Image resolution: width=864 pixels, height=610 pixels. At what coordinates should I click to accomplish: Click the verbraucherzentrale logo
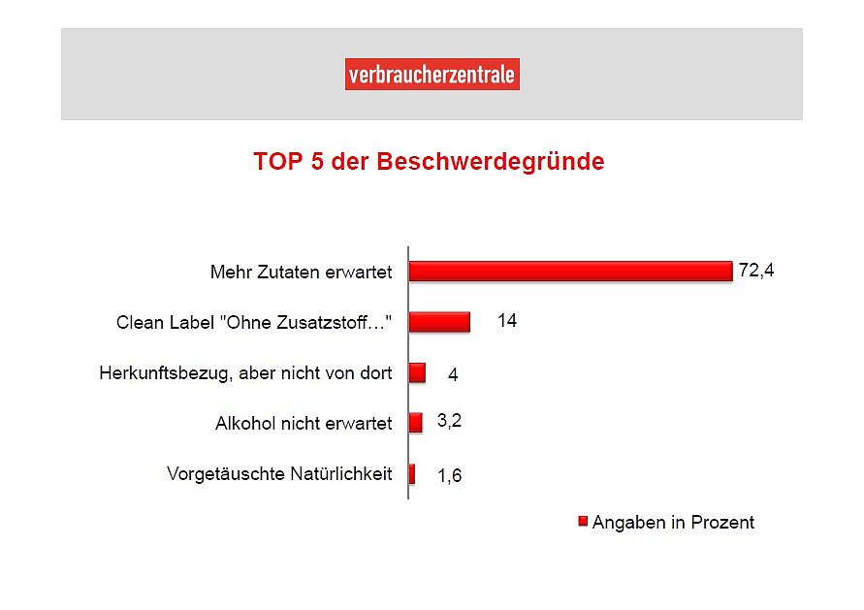tap(432, 75)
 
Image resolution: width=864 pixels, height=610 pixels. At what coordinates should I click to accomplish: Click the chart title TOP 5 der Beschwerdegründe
tap(429, 161)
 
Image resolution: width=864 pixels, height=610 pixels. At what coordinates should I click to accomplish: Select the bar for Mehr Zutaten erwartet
tap(570, 271)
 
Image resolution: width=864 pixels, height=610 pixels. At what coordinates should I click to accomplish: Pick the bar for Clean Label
tap(439, 321)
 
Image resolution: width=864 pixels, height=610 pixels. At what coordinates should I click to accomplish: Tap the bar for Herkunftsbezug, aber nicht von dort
tap(417, 372)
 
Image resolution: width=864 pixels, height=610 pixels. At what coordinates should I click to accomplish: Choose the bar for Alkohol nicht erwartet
tap(415, 423)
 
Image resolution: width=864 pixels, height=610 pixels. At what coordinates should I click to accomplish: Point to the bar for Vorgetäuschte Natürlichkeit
tap(412, 473)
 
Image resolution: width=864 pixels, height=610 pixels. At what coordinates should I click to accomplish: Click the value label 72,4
tap(756, 271)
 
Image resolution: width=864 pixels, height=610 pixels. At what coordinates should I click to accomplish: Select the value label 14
tap(507, 321)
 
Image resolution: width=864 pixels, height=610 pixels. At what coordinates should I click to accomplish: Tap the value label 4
tap(453, 374)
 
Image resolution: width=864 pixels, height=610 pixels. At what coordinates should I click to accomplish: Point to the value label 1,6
tap(449, 476)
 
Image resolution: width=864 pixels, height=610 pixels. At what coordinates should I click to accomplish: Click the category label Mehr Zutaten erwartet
tap(301, 272)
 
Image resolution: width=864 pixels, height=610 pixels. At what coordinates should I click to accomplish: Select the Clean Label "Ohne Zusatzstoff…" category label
tap(254, 322)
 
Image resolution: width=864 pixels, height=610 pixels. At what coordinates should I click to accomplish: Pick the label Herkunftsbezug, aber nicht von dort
tap(245, 372)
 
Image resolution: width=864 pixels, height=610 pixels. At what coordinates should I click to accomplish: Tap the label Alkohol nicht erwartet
tap(304, 424)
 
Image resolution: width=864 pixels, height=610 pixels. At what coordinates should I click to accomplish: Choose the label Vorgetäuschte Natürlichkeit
tap(279, 474)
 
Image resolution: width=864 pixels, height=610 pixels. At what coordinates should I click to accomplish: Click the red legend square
tap(583, 522)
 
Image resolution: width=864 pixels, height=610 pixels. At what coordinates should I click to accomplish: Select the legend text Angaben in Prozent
tap(673, 523)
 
